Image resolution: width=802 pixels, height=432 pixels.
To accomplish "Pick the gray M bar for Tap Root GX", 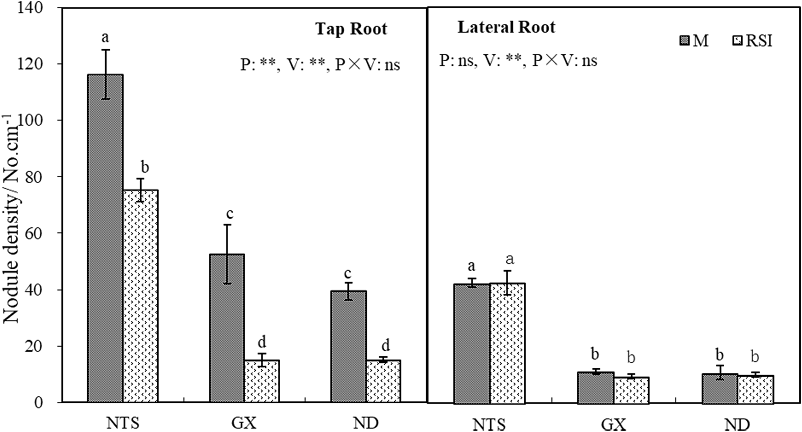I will pos(227,328).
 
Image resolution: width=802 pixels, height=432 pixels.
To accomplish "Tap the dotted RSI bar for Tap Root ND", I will pos(383,381).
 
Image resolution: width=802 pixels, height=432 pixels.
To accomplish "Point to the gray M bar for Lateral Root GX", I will pos(595,387).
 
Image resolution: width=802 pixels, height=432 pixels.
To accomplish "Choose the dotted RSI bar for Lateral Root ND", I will pos(755,389).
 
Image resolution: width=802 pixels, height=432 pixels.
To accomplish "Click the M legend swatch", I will pos(685,40).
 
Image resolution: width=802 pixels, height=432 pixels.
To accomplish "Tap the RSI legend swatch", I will pos(737,40).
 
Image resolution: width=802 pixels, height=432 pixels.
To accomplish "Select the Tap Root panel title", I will pos(351,29).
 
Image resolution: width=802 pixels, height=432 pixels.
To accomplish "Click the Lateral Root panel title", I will pos(506,27).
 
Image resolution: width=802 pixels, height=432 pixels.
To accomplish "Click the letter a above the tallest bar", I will pos(105,37).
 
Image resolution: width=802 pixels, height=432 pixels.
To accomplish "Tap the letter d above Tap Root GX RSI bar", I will pos(262,342).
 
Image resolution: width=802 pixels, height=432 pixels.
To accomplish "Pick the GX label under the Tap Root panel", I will pos(244,423).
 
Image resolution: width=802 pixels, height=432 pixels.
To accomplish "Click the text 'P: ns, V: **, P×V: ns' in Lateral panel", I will pos(518,60).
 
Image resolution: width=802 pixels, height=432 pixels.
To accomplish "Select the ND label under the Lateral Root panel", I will pos(737,424).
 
